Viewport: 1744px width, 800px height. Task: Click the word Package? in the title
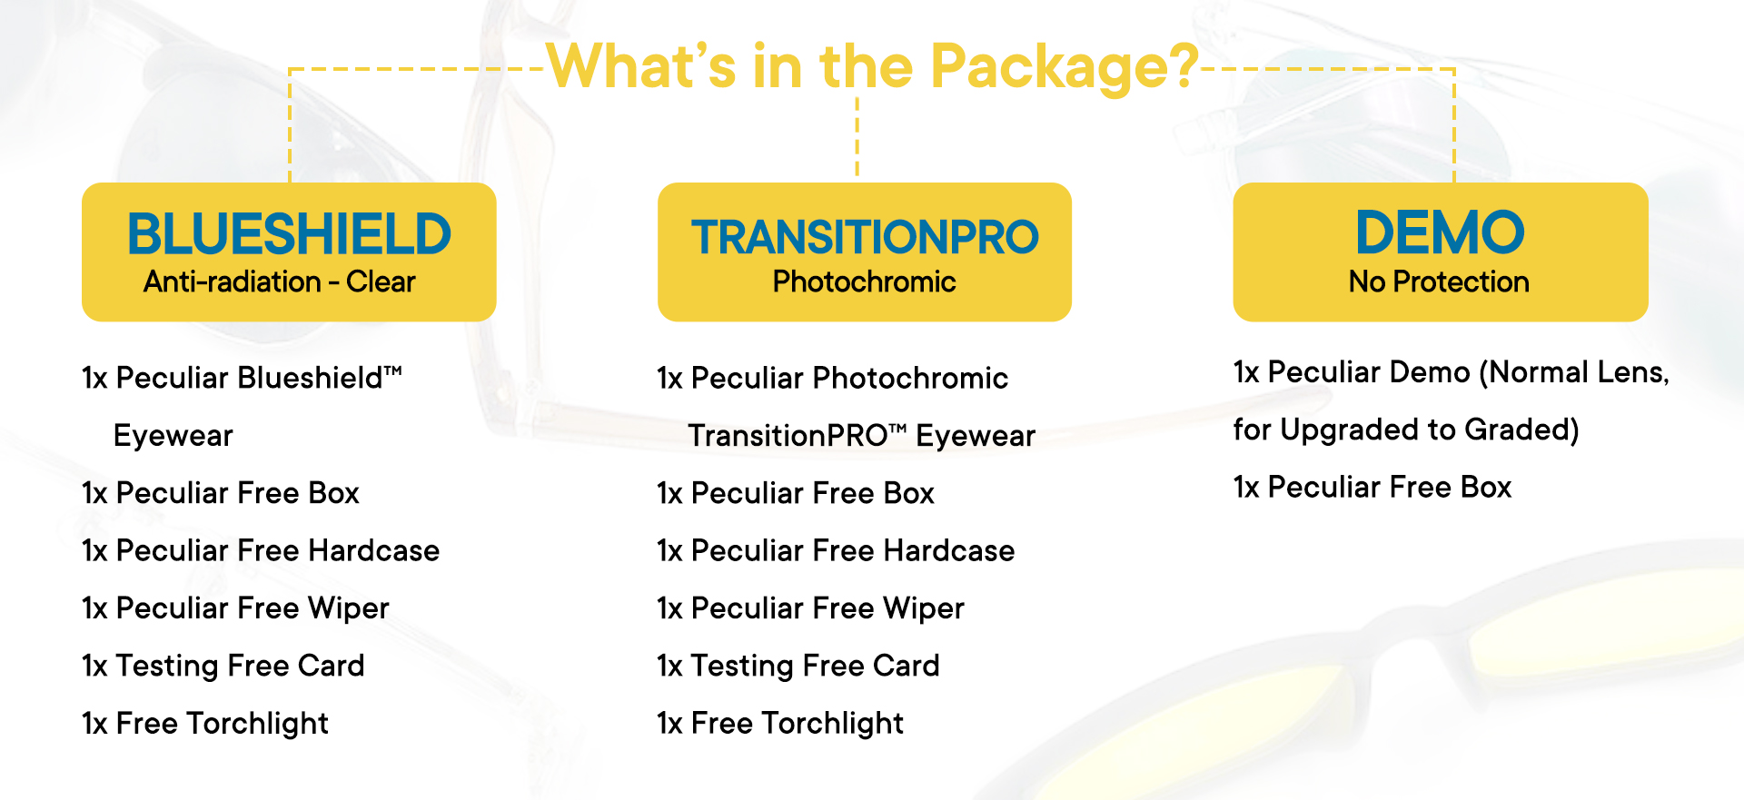pos(1065,68)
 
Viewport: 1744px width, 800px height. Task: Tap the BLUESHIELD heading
pos(289,233)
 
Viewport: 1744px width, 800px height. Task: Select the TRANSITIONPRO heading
pos(865,237)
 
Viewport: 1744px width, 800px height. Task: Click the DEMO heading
pos(1440,232)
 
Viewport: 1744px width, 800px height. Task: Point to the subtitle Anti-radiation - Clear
pos(279,281)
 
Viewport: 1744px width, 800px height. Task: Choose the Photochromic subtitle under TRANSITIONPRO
pos(864,281)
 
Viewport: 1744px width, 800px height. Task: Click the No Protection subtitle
pos(1439,281)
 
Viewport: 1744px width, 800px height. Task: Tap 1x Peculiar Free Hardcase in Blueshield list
pos(261,550)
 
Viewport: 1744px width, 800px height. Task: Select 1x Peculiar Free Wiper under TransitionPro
pos(810,608)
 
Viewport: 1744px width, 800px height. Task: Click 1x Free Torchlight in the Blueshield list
pos(205,724)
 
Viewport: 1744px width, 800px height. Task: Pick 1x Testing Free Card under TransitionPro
pos(798,666)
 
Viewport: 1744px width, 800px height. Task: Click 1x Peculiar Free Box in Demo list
pos(1372,488)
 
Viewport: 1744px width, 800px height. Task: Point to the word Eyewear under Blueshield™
pos(173,436)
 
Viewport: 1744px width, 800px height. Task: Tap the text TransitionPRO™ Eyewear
pos(862,436)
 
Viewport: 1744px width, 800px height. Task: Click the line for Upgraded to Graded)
pos(1406,430)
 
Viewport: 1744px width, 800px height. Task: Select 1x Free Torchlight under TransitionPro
pos(780,724)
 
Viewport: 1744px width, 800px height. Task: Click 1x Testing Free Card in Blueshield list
pos(223,666)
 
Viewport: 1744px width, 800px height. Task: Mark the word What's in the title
pos(641,66)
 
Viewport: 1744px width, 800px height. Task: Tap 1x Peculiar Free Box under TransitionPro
pos(796,493)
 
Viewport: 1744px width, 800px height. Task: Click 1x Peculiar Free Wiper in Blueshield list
pos(235,608)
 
